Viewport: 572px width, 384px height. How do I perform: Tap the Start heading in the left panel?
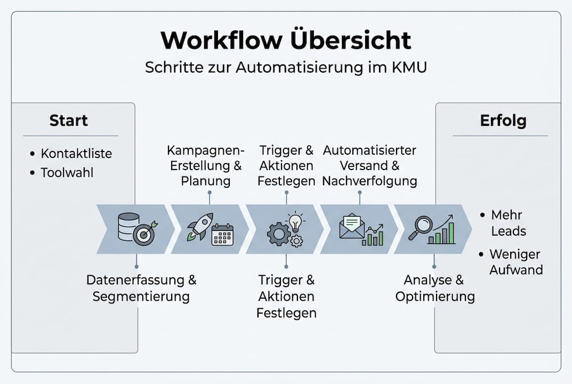68,121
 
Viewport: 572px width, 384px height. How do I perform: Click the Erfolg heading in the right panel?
503,121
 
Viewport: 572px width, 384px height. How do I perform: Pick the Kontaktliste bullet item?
76,154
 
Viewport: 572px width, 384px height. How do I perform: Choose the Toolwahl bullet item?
67,173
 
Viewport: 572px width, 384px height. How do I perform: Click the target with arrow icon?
144,234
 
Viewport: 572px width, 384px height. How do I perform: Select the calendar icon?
222,235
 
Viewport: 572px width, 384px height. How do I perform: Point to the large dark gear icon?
278,234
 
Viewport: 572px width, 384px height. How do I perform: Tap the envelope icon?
352,227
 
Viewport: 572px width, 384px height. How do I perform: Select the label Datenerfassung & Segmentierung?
141,288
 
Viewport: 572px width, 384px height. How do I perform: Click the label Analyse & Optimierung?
434,288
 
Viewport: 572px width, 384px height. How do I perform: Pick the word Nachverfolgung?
369,181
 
